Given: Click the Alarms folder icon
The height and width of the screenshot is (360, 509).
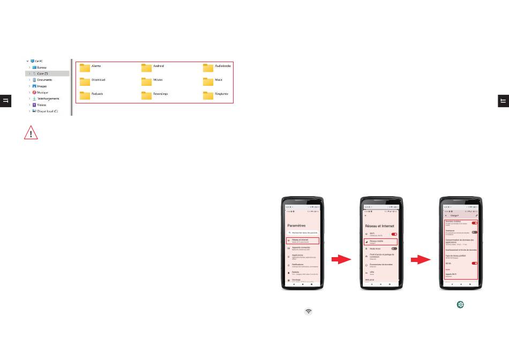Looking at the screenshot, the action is pyautogui.click(x=85, y=67).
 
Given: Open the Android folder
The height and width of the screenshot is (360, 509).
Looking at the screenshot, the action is pyautogui.click(x=146, y=67).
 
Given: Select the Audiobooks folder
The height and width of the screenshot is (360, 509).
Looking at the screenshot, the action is pyautogui.click(x=208, y=67).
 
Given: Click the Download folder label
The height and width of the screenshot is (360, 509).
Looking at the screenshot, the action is pyautogui.click(x=98, y=80).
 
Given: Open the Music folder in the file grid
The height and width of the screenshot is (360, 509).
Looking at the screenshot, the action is pyautogui.click(x=208, y=81).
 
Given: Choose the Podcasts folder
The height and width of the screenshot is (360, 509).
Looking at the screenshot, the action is pyautogui.click(x=85, y=95).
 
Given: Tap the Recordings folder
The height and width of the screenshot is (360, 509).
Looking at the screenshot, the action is pyautogui.click(x=146, y=95).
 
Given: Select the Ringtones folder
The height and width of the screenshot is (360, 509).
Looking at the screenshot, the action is pyautogui.click(x=208, y=95).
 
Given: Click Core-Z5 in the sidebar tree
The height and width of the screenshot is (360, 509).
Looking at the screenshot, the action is pyautogui.click(x=43, y=73).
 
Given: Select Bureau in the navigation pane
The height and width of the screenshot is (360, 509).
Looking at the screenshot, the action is pyautogui.click(x=42, y=67).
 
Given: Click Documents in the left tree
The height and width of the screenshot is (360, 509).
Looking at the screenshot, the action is pyautogui.click(x=44, y=80).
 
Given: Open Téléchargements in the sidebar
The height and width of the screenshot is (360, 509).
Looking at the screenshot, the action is pyautogui.click(x=48, y=99).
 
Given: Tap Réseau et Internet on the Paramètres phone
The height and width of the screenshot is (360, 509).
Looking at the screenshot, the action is pyautogui.click(x=303, y=241).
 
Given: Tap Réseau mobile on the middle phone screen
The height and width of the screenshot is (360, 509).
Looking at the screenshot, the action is pyautogui.click(x=380, y=242).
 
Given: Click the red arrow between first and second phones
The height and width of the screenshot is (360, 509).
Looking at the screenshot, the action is pyautogui.click(x=341, y=260).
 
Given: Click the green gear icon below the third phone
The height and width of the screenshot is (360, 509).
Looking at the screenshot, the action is pyautogui.click(x=460, y=304).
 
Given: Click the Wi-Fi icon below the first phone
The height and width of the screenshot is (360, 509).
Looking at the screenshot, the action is pyautogui.click(x=309, y=311).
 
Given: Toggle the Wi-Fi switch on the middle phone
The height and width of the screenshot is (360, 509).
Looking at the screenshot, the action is pyautogui.click(x=394, y=234).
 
